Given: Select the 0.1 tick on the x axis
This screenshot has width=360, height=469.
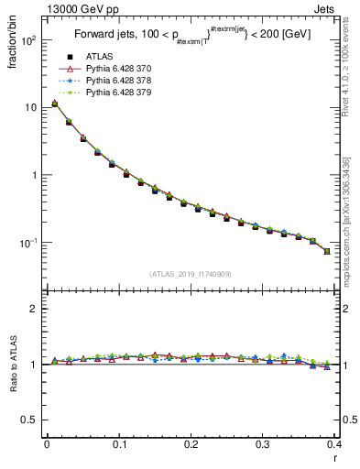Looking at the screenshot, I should [119, 445].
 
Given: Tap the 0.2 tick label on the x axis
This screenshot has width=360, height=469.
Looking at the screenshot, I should [191, 445].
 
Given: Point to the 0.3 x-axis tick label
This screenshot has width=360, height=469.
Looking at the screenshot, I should [264, 445].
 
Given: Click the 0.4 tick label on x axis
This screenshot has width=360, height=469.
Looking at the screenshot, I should [335, 445].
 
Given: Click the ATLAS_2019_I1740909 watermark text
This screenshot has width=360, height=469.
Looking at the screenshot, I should [190, 274].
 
